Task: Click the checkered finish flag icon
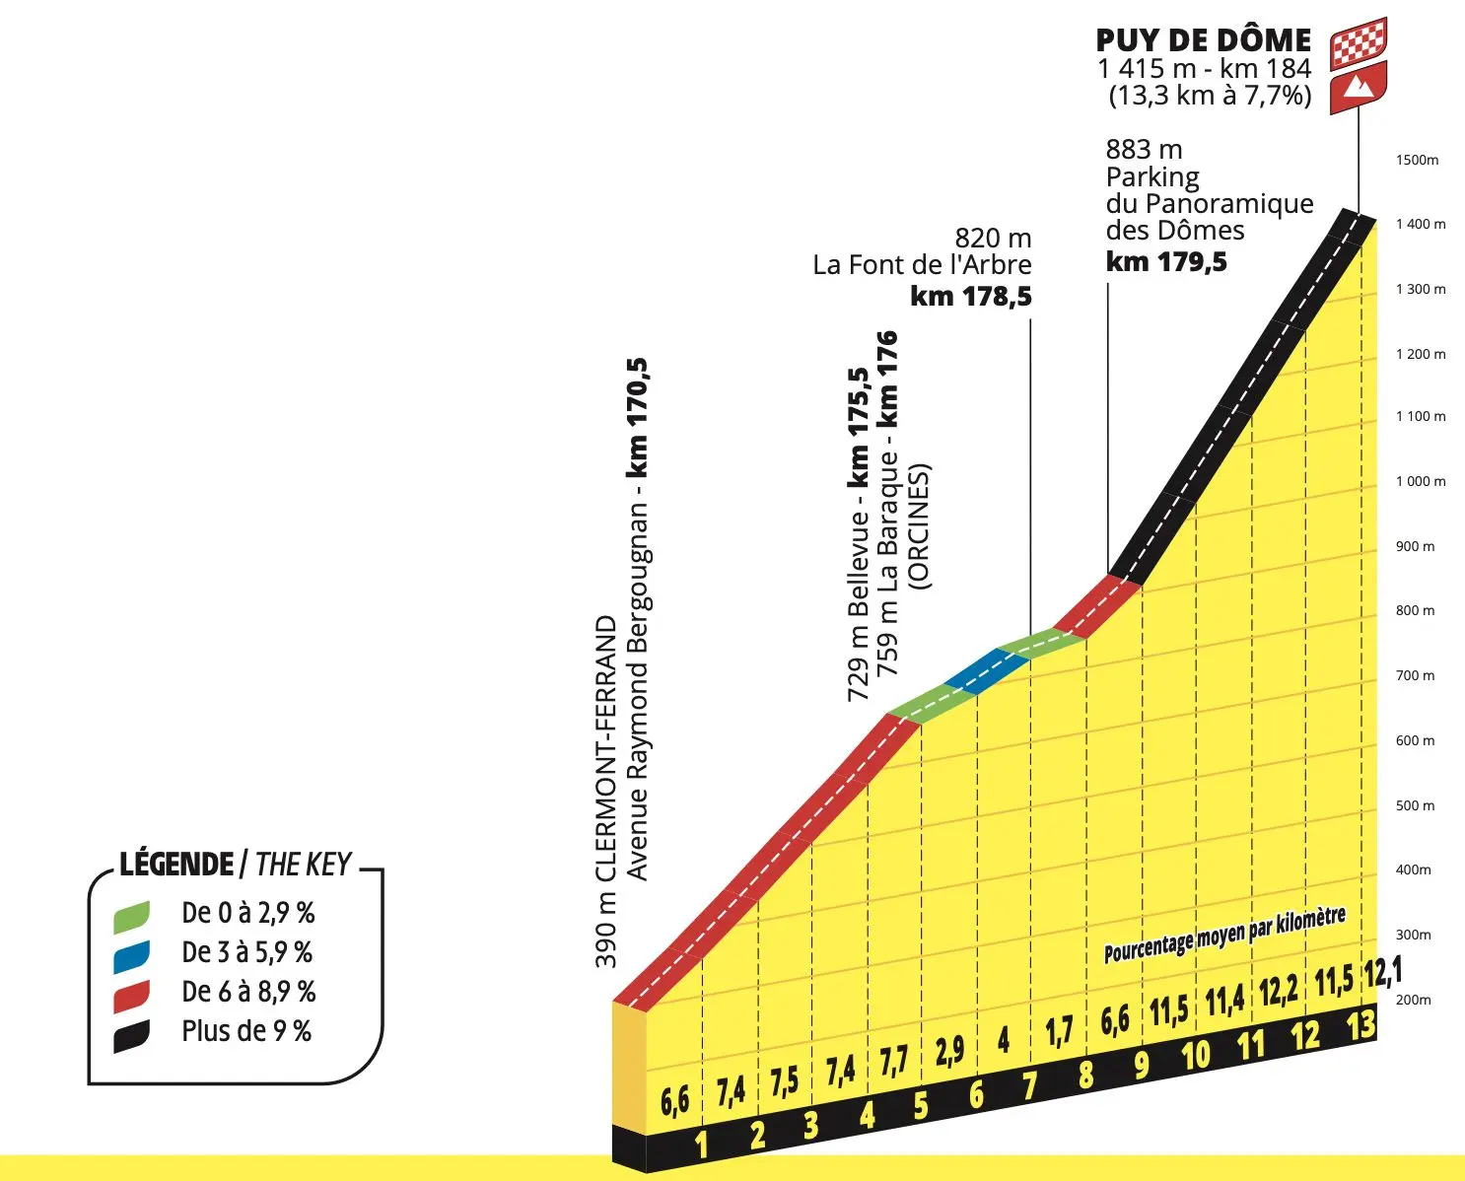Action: (x=1359, y=42)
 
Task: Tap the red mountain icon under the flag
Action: (x=1359, y=87)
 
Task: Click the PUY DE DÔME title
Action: (x=1204, y=40)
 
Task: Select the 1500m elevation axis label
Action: (x=1417, y=160)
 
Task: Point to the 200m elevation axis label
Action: (x=1413, y=1000)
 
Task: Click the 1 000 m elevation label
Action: (x=1420, y=481)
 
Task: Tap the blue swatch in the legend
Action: (x=131, y=954)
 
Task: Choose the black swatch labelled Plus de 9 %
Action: (x=131, y=1035)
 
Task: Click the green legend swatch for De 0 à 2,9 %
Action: (x=131, y=915)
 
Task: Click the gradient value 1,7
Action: (x=1058, y=1031)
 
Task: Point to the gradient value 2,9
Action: (x=949, y=1051)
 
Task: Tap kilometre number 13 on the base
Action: (x=1360, y=1025)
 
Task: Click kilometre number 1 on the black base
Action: (x=702, y=1144)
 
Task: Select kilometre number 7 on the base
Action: (x=1030, y=1085)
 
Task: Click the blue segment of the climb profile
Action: (x=986, y=671)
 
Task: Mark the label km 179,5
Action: (x=1166, y=261)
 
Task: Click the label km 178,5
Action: (x=971, y=296)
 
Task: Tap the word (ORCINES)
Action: (x=919, y=526)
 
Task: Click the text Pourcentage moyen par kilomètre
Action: (x=1224, y=934)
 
